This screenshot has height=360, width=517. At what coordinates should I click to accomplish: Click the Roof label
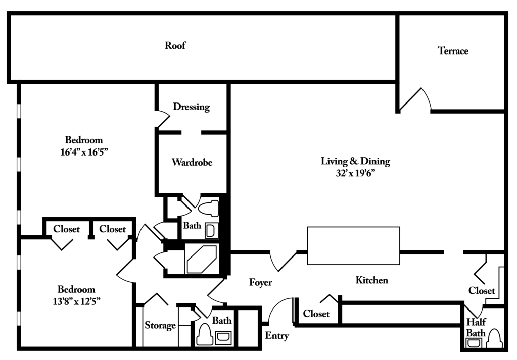(175, 46)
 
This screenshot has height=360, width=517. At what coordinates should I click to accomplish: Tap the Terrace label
(453, 51)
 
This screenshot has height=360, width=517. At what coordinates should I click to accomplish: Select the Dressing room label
(191, 107)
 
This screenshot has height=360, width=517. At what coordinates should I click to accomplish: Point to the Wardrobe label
(192, 163)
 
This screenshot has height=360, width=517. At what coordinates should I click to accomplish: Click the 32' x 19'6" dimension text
(355, 173)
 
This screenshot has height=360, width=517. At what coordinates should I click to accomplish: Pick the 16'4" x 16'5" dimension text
(84, 151)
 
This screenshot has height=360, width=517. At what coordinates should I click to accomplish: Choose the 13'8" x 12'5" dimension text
(76, 301)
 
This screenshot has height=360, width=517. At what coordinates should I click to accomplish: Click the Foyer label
(260, 282)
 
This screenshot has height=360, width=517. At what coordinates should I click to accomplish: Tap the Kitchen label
(371, 280)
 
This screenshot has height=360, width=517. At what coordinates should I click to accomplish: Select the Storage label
(160, 326)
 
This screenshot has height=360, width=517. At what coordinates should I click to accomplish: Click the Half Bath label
(476, 327)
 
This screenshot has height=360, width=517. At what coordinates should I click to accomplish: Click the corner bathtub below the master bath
(201, 259)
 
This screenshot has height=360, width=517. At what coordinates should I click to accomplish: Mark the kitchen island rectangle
(354, 245)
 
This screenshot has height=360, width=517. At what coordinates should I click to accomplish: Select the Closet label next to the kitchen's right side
(482, 291)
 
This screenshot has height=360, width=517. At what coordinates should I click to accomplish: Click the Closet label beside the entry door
(316, 314)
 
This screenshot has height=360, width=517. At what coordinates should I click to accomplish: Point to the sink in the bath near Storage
(223, 337)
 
